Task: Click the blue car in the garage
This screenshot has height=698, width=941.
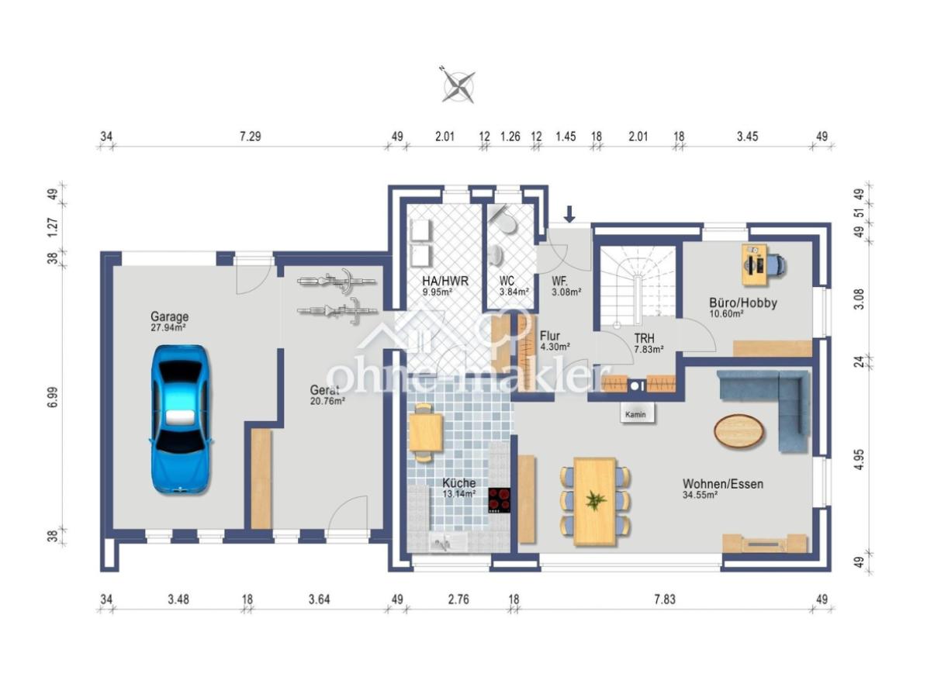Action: (x=182, y=420)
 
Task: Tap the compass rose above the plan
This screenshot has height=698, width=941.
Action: (x=458, y=86)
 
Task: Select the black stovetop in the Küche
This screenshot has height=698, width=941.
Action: (x=500, y=500)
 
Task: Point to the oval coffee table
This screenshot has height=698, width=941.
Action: (x=739, y=430)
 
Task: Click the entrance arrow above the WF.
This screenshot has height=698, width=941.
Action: (x=569, y=214)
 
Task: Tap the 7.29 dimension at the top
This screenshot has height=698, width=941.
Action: (x=251, y=136)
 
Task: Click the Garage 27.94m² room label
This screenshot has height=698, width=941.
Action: (x=169, y=321)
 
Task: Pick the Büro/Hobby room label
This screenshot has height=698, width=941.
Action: (x=743, y=308)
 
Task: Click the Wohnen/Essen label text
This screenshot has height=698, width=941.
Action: (x=723, y=484)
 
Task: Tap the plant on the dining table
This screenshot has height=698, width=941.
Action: (x=596, y=500)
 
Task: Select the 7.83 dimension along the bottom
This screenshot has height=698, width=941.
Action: (x=664, y=600)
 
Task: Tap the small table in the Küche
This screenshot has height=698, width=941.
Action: (x=426, y=433)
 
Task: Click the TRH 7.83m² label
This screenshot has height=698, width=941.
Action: (x=649, y=344)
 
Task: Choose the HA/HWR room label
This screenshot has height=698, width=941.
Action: (x=445, y=285)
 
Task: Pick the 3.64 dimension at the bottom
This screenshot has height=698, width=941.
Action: (x=319, y=600)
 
